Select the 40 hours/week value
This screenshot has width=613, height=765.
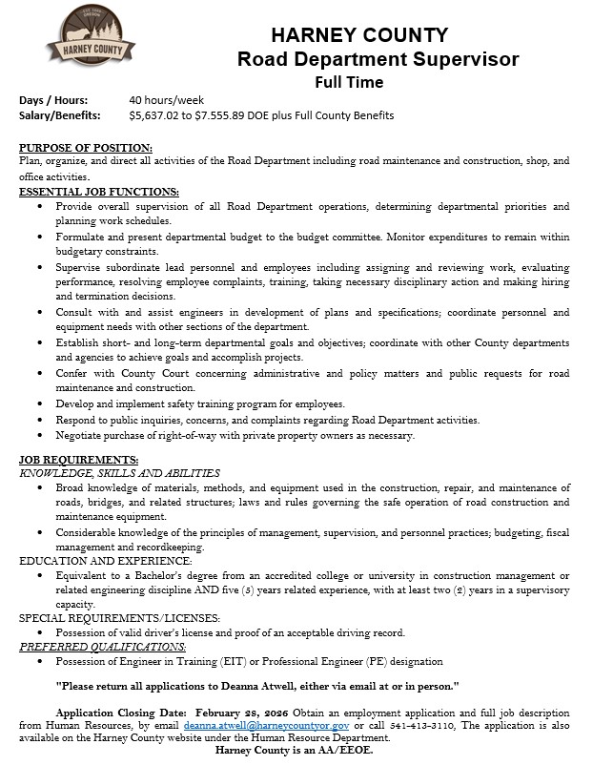pyautogui.click(x=166, y=100)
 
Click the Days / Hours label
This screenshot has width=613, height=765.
pyautogui.click(x=53, y=100)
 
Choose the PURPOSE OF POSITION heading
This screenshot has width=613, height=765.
pyautogui.click(x=86, y=148)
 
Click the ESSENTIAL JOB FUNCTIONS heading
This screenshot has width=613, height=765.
pyautogui.click(x=99, y=192)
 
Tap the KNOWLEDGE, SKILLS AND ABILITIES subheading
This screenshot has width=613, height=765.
pyautogui.click(x=120, y=473)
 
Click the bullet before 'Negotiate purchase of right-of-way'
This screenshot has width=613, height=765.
pyautogui.click(x=39, y=436)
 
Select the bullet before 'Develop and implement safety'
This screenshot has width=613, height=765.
pyautogui.click(x=39, y=404)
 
